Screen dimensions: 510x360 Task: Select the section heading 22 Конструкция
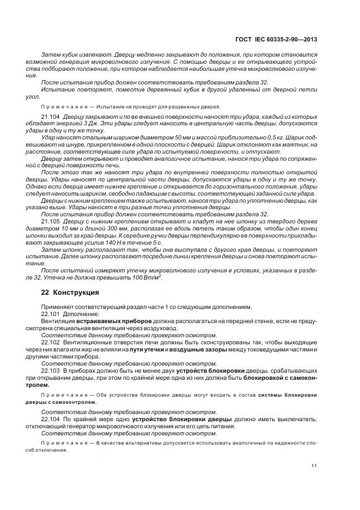(x=70, y=293)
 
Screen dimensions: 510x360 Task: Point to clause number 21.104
(x=51, y=117)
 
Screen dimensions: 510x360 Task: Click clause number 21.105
(x=51, y=223)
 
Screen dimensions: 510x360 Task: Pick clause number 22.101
(x=51, y=314)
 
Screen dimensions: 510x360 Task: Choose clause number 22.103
(x=51, y=371)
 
